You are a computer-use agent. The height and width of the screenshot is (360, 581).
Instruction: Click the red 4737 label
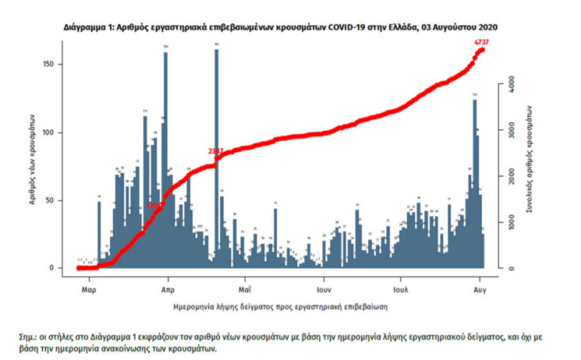[480, 41]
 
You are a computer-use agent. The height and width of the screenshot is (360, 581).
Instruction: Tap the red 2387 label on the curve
[215, 150]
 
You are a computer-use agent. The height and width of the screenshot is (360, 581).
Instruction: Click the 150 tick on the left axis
[57, 64]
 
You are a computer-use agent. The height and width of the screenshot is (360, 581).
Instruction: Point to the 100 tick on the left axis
[57, 132]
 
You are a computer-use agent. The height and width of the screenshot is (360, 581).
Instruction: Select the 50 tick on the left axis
[59, 200]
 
